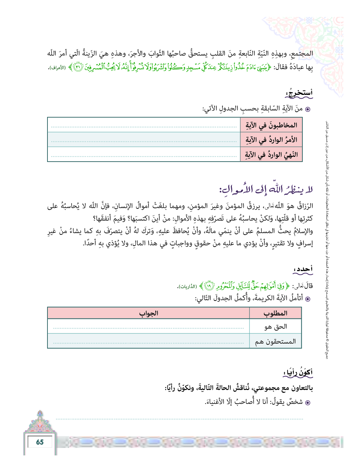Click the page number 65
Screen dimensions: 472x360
coord(40,442)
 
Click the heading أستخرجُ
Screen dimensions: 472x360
coord(299,93)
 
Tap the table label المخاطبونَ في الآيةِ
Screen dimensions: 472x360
coord(271,125)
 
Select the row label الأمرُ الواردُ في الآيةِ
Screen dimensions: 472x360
coord(271,140)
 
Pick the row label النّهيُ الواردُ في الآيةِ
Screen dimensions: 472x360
coord(271,155)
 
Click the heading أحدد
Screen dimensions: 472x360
coord(303,269)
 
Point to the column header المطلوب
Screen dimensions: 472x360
coord(275,313)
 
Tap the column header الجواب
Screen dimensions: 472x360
coord(148,313)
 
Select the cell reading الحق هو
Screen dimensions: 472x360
coord(276,327)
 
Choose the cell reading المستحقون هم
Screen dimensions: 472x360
coord(275,342)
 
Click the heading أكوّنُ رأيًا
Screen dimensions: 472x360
coord(298,372)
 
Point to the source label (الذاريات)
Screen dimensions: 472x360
coord(187,287)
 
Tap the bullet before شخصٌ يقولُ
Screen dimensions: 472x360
coord(308,403)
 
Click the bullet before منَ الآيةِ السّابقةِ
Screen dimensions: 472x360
coord(308,109)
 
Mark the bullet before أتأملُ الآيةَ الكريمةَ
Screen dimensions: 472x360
coord(308,299)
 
